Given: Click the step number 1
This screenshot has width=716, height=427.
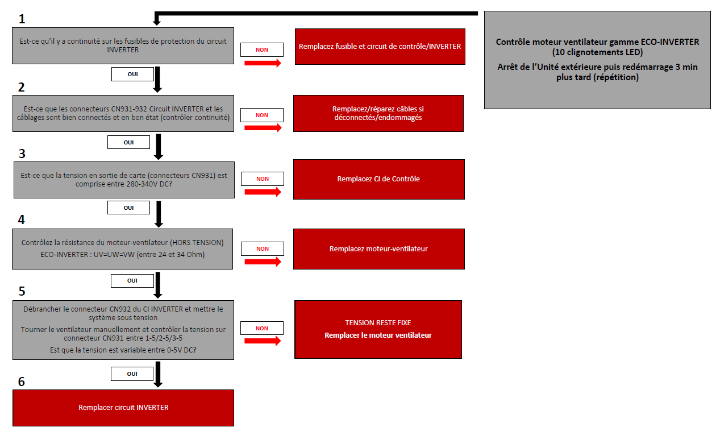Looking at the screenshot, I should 22,19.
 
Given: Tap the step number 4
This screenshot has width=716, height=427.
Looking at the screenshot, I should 22,219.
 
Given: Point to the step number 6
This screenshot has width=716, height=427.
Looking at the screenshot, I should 22,381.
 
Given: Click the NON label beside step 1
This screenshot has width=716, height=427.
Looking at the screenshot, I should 262,49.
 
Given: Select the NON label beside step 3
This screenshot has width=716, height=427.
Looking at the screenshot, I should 262,179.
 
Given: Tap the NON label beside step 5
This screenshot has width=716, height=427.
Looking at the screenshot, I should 262,328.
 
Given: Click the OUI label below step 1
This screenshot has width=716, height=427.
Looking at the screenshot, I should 132,74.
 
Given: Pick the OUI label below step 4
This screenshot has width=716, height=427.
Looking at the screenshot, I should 132,280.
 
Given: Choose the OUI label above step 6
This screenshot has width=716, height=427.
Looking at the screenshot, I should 132,374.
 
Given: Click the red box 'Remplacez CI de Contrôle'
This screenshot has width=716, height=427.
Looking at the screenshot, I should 378,179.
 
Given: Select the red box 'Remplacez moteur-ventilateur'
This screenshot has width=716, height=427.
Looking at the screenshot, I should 378,249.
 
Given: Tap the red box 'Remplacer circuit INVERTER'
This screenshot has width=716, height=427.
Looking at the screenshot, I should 123,408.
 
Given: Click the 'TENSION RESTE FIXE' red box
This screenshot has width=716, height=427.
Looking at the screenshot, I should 378,329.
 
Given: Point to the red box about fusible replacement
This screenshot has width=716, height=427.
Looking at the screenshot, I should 380,47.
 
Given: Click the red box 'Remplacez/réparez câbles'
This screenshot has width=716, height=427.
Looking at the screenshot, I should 378,113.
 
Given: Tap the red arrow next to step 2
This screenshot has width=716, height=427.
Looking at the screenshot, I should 263,128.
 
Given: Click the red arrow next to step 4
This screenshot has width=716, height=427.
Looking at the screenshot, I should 263,262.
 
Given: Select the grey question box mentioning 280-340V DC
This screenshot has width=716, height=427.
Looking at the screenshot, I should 124,180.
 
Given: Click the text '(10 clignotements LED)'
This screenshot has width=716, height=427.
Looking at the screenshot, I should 597,52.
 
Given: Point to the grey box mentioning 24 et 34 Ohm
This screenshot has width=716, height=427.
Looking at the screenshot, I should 123,248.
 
